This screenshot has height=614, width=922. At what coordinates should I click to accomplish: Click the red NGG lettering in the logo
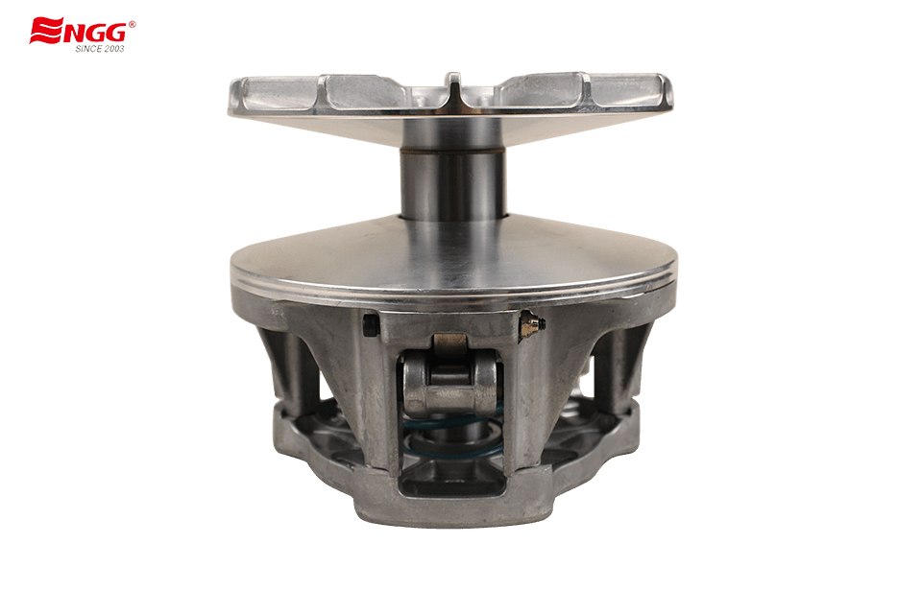(95, 33)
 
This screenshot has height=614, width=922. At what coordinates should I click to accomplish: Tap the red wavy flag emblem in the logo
(46, 31)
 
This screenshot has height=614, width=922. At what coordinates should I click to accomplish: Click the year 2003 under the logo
(113, 49)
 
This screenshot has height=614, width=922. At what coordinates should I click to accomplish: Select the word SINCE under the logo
(87, 49)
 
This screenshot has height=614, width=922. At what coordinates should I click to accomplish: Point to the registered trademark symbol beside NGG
(132, 24)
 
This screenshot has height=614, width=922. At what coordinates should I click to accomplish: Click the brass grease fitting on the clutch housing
(530, 325)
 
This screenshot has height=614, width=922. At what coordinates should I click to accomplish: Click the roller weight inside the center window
(451, 385)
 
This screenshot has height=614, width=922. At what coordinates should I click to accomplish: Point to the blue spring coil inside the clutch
(451, 436)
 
